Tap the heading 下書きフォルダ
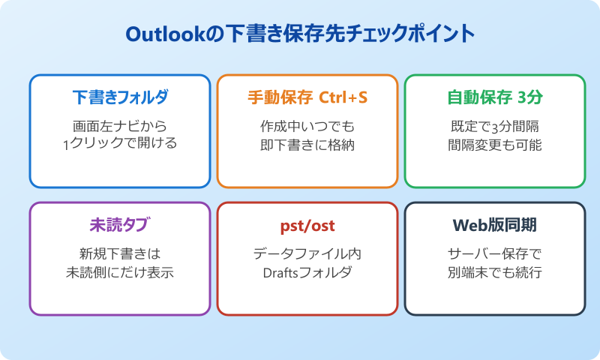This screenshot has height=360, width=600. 120,97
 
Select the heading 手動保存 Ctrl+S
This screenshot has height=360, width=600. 307,97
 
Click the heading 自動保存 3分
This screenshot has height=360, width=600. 495,97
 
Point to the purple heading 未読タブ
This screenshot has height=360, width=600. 120,225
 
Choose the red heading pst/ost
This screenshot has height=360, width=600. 307,226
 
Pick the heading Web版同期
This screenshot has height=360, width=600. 495,225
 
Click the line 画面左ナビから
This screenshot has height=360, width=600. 120,125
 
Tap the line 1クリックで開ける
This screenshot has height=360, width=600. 120,143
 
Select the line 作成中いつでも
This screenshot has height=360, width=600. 307,125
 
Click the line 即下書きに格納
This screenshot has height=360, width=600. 307,143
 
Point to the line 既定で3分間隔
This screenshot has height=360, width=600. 495,125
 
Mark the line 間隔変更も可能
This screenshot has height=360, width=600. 495,143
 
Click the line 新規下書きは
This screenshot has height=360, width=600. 120,253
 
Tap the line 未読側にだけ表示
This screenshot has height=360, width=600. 120,271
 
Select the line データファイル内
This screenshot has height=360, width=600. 307,253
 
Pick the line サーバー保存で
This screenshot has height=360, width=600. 495,253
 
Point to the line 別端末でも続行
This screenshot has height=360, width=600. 495,271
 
